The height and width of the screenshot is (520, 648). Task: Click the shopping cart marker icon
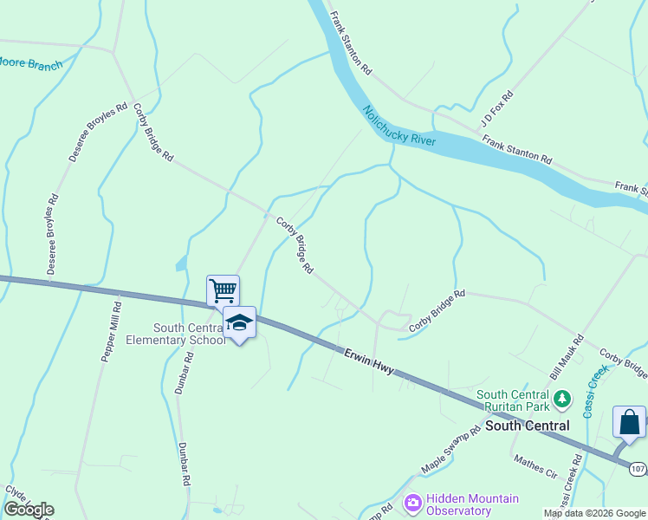click(x=223, y=289)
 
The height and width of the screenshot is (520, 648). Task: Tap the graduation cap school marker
click(x=239, y=322)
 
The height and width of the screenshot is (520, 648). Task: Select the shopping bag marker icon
click(x=629, y=422)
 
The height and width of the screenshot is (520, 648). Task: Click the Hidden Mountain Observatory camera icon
click(x=412, y=503)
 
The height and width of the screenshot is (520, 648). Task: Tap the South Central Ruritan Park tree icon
click(x=563, y=399)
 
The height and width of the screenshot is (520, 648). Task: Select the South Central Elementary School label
click(x=190, y=334)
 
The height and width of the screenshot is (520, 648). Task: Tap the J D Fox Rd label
click(x=496, y=107)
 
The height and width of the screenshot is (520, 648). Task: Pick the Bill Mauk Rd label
click(x=568, y=354)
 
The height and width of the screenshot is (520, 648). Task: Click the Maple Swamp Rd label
click(x=450, y=451)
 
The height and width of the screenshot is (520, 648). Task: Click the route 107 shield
click(x=637, y=469)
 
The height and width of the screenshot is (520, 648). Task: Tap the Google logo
click(x=29, y=510)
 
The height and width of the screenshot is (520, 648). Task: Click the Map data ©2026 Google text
click(x=594, y=514)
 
